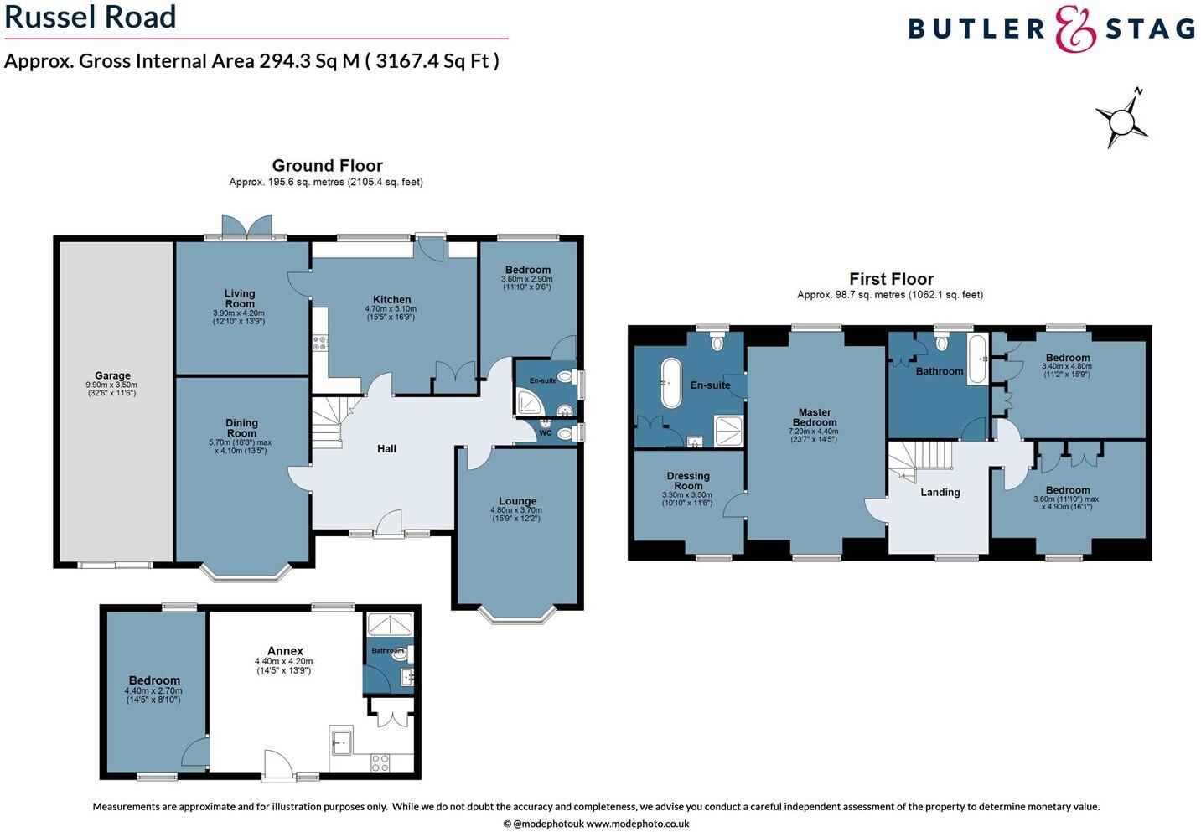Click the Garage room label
pyautogui.click(x=112, y=376)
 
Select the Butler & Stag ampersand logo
pyautogui.click(x=1075, y=29)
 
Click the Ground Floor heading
pyautogui.click(x=327, y=166)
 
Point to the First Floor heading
pyautogui.click(x=891, y=279)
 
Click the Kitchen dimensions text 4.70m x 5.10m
pyautogui.click(x=391, y=309)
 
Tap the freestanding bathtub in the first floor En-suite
pyautogui.click(x=671, y=383)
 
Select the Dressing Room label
pyautogui.click(x=688, y=481)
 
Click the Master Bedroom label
pyautogui.click(x=815, y=417)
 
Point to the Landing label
pyautogui.click(x=940, y=493)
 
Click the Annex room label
pyautogui.click(x=285, y=650)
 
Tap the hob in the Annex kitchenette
pyautogui.click(x=380, y=762)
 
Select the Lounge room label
pyautogui.click(x=517, y=501)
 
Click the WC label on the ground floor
pyautogui.click(x=546, y=433)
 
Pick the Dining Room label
pyautogui.click(x=241, y=428)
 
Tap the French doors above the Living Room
pyautogui.click(x=247, y=226)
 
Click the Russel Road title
pyautogui.click(x=91, y=17)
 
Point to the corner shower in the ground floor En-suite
pyautogui.click(x=530, y=404)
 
